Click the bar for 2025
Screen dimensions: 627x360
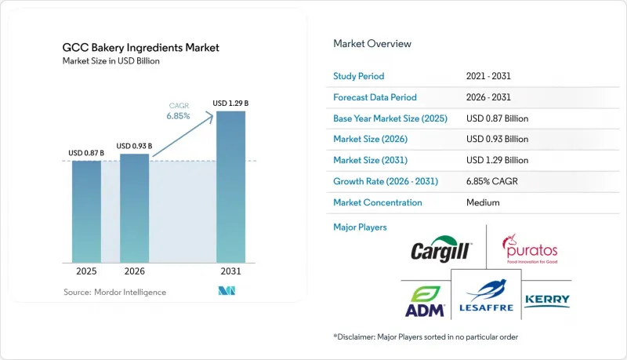tap(86, 212)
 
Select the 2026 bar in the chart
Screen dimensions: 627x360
tap(134, 209)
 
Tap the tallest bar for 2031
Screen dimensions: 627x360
tap(230, 187)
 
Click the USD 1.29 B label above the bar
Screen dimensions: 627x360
tap(230, 104)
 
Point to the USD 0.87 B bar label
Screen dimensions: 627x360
tap(86, 153)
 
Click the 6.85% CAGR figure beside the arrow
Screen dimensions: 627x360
tap(179, 116)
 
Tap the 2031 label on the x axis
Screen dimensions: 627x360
tap(230, 271)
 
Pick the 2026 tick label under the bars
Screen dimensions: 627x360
tap(134, 271)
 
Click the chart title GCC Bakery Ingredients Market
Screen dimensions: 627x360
tap(141, 48)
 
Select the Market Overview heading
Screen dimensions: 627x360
tap(372, 44)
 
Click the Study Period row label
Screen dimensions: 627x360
tap(359, 76)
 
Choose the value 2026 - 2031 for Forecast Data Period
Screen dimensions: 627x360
tap(488, 97)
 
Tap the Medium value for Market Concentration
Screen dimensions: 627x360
tap(483, 202)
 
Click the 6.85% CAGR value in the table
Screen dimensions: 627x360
tap(492, 181)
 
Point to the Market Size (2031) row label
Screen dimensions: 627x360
tap(370, 160)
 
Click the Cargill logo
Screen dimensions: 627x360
tap(441, 249)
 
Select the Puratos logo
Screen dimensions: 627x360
tap(531, 249)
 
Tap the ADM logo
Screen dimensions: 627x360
tap(425, 302)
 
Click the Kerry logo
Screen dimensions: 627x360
tap(547, 301)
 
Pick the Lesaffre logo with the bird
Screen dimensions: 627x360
tap(486, 296)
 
